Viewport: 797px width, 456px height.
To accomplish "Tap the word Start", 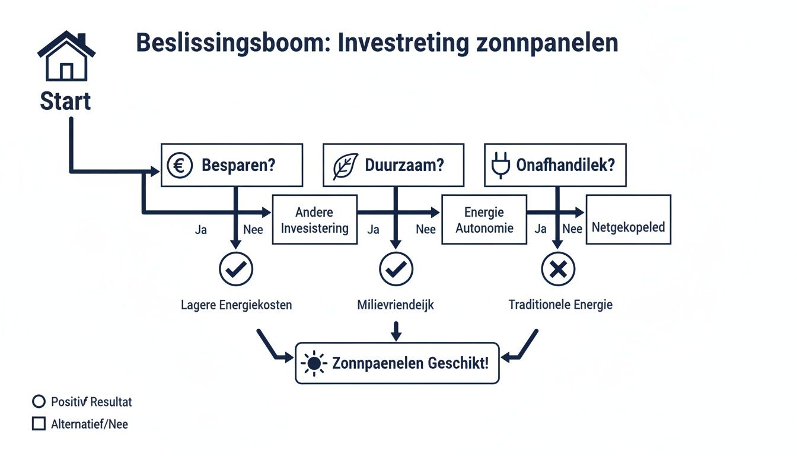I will coord(65,101).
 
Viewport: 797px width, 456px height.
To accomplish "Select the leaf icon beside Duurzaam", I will coord(345,166).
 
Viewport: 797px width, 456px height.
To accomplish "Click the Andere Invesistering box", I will coord(314,220).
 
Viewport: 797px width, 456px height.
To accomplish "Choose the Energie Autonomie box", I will coord(484,220).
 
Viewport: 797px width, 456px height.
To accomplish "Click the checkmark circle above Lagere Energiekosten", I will coord(236,270).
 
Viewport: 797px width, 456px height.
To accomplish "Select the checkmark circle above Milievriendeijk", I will coord(396,270).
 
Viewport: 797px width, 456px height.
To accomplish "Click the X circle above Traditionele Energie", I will coord(558,270).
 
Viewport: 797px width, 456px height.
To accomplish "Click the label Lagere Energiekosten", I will coord(236,305).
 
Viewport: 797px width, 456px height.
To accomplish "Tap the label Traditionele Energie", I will coord(560,305).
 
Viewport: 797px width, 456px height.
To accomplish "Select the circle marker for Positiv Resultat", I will coord(39,402).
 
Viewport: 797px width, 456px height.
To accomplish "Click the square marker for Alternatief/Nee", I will coord(39,424).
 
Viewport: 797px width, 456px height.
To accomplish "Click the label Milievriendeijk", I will coord(396,305).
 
